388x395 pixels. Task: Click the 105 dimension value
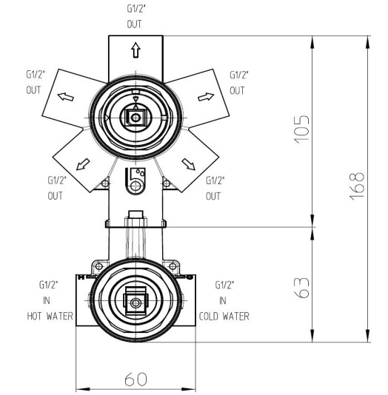[x=301, y=129]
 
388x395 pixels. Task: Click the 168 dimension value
[x=356, y=186]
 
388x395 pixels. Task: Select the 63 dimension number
[x=301, y=288]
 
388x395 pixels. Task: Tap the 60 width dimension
[x=136, y=379]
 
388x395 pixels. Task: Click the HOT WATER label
[x=50, y=316]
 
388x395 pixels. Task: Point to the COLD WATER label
[x=224, y=316]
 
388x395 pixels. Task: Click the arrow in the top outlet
[x=136, y=50]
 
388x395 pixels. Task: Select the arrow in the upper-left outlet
[x=66, y=96]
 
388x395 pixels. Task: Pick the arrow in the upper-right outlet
[x=206, y=97]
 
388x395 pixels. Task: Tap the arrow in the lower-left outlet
[x=83, y=164]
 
